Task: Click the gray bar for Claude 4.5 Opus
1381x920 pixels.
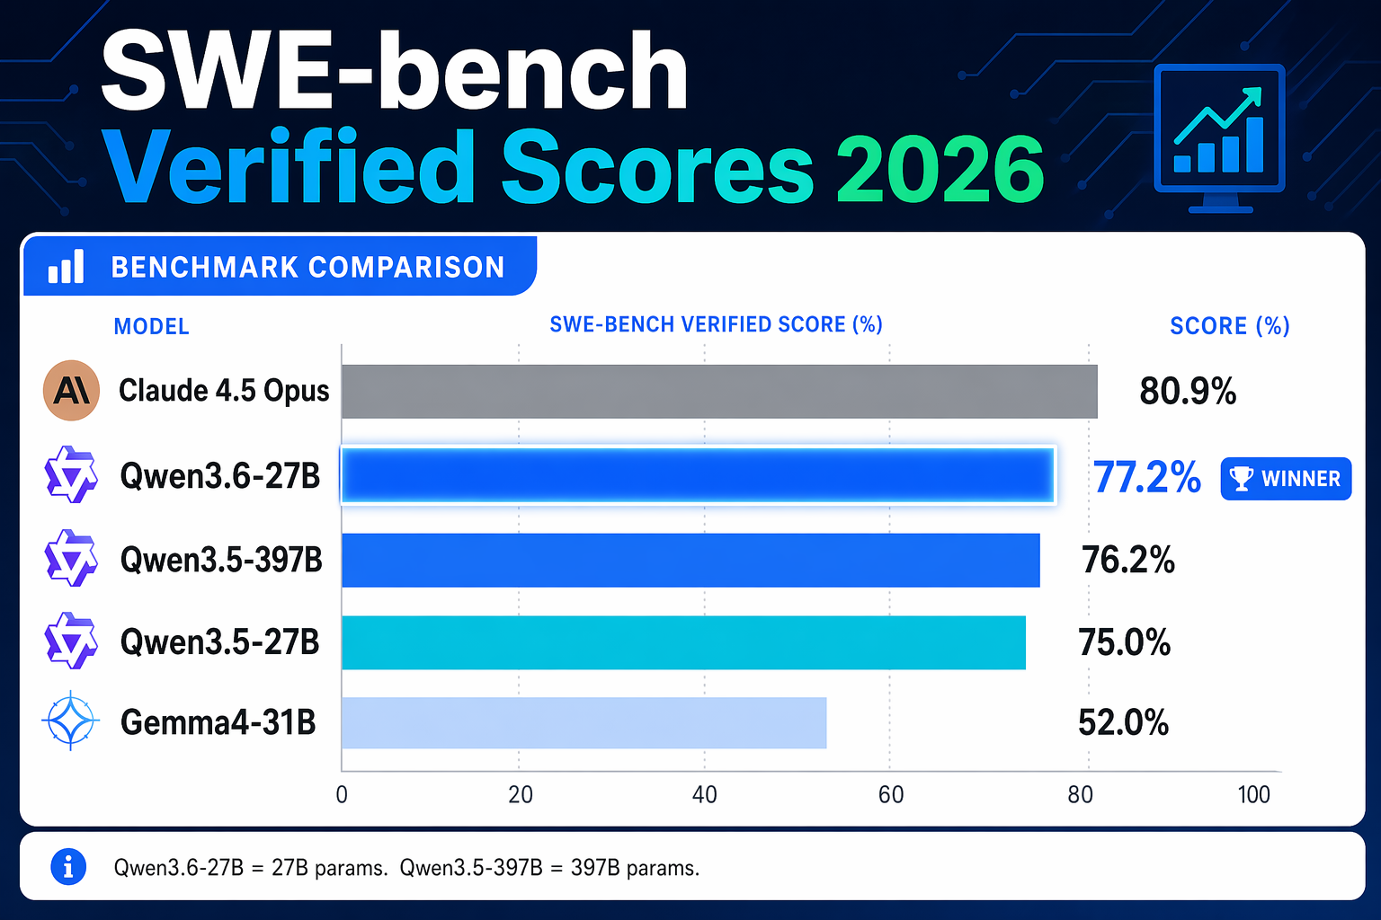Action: pos(719,392)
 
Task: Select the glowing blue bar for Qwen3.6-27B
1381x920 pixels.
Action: pos(698,475)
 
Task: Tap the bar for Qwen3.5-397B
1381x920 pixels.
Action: pos(690,560)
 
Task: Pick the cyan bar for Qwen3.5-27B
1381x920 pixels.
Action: pos(683,642)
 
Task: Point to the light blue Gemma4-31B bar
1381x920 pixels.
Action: pos(584,722)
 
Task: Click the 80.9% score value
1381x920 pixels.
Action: pos(1188,392)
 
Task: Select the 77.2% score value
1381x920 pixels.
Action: pos(1147,477)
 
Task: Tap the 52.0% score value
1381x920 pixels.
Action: pos(1124,722)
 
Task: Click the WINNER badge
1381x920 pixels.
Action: pos(1286,479)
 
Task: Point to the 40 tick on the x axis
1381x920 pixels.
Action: pos(705,795)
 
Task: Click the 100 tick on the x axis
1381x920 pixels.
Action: pos(1253,795)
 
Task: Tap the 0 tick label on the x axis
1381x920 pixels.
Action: pos(342,795)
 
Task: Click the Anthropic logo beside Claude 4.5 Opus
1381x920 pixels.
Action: pos(71,390)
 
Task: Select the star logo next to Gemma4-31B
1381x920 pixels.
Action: pos(71,721)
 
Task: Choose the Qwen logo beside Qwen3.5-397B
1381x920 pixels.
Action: pos(71,559)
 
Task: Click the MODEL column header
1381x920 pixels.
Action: pos(151,327)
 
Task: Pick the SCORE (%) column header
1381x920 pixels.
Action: pos(1229,326)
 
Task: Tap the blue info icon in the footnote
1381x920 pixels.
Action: pos(68,867)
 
